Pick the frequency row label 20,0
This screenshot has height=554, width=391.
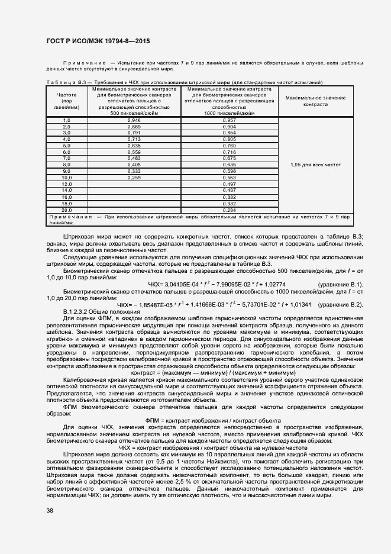[66, 210]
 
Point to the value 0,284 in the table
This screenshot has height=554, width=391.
[229, 210]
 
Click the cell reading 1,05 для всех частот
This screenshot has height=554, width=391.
[315, 165]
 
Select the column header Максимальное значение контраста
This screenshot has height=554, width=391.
[315, 100]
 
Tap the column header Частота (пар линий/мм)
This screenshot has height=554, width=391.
[66, 101]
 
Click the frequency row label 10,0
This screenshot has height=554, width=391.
[66, 178]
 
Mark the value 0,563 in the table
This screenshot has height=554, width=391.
[229, 178]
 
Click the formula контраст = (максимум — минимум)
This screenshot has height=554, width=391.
[212, 374]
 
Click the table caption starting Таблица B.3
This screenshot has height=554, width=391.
[183, 82]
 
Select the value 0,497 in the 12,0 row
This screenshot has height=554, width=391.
[229, 184]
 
